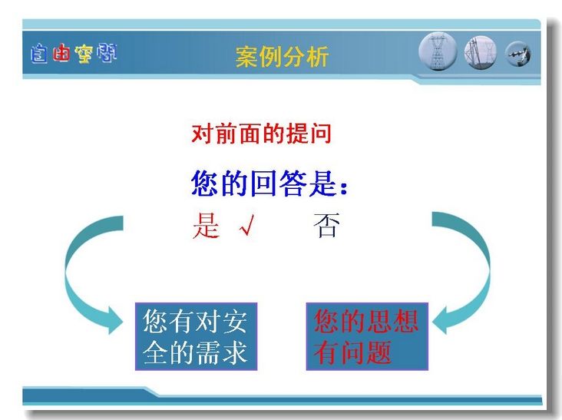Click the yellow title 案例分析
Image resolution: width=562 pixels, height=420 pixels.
click(x=282, y=57)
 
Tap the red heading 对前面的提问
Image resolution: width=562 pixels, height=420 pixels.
click(x=261, y=134)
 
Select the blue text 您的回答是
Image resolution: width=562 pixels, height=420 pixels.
click(x=263, y=183)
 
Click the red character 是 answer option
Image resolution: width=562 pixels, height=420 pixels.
click(x=206, y=226)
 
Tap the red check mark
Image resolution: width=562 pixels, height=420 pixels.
click(x=247, y=225)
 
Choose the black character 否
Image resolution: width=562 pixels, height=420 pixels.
click(x=326, y=225)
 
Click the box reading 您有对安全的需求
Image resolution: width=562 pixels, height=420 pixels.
click(x=196, y=336)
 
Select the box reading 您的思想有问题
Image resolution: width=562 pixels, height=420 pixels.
click(x=367, y=336)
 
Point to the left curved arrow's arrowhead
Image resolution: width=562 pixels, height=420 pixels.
click(x=114, y=320)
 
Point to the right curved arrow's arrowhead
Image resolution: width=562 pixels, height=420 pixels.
click(x=441, y=320)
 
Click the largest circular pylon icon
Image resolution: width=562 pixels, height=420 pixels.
click(x=438, y=51)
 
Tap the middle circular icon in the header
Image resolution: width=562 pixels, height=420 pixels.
click(x=481, y=53)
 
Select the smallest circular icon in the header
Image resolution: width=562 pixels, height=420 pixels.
click(x=518, y=54)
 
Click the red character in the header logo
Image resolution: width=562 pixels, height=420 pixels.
click(x=61, y=54)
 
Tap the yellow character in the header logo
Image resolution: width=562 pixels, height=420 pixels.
click(x=84, y=54)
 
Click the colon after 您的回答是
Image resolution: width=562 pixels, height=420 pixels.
click(x=344, y=187)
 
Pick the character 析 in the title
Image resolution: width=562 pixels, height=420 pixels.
click(x=317, y=57)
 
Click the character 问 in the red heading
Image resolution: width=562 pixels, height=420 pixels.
click(x=320, y=134)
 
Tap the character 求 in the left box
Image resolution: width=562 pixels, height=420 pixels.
click(x=235, y=352)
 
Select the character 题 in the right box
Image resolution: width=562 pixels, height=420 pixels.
click(x=379, y=352)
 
